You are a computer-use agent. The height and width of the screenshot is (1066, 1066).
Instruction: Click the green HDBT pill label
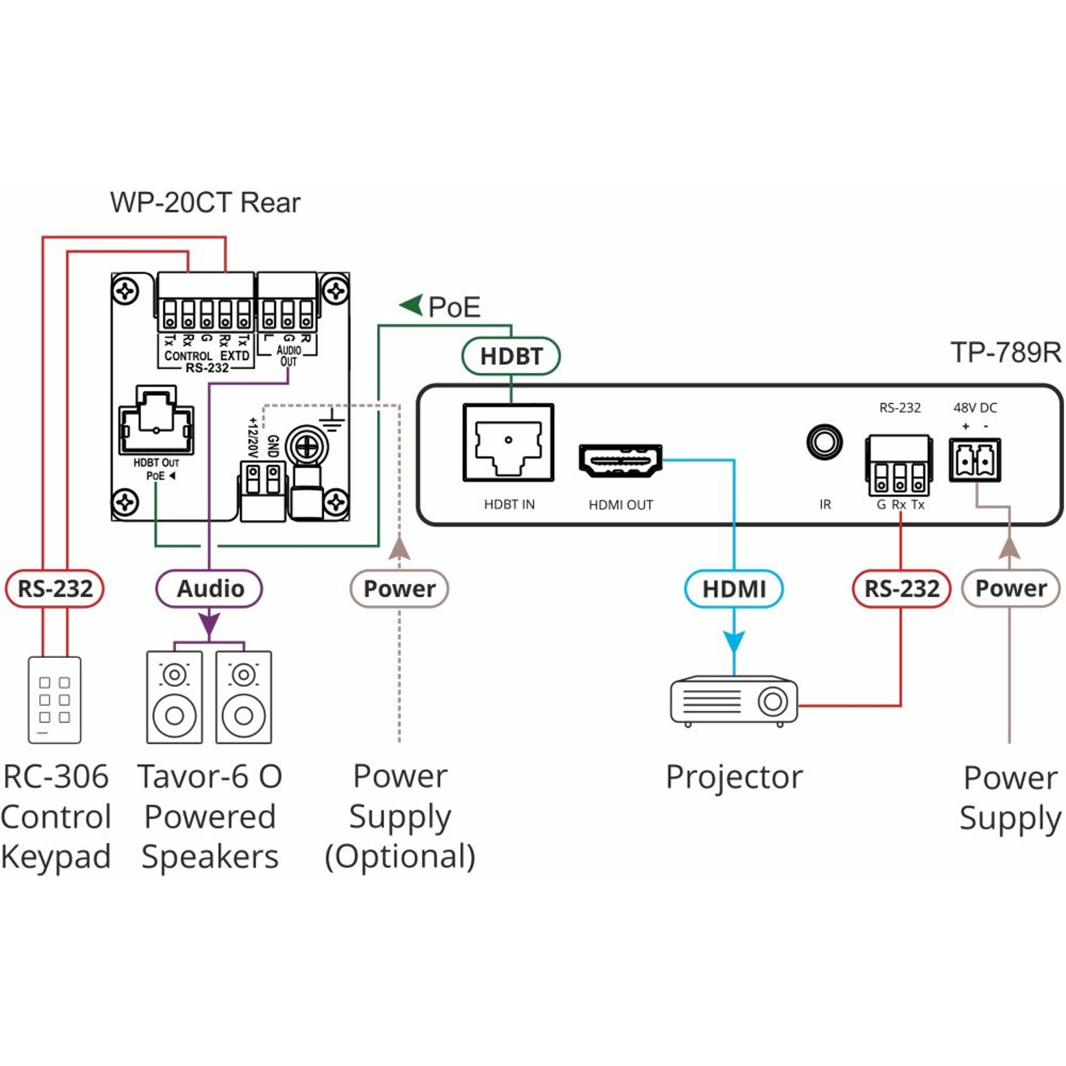[511, 356]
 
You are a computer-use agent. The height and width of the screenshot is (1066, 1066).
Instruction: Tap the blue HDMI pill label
[733, 589]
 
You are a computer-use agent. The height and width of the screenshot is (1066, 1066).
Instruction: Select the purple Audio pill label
[209, 589]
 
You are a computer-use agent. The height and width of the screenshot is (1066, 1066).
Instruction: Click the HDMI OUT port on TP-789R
[620, 461]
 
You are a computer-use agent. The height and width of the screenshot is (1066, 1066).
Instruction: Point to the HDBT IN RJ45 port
[509, 443]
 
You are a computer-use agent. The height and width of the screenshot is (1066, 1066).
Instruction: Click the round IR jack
[824, 442]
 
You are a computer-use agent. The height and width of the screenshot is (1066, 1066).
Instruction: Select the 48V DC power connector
[974, 460]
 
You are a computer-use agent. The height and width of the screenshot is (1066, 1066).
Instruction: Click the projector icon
[733, 701]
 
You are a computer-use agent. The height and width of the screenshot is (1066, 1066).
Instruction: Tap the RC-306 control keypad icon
[54, 700]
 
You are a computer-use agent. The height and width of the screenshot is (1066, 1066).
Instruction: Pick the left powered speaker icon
[174, 697]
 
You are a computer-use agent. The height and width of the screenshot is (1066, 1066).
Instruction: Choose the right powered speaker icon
[244, 697]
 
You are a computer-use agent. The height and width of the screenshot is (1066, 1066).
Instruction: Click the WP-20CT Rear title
[205, 203]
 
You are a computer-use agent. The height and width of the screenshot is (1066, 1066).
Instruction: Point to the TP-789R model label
[1005, 353]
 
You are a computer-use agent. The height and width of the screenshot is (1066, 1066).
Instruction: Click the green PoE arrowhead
[411, 305]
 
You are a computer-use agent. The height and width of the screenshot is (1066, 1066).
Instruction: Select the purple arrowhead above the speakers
[209, 624]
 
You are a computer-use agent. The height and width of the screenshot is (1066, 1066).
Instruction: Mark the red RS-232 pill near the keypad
[54, 589]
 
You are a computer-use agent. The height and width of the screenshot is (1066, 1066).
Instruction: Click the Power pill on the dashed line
[399, 589]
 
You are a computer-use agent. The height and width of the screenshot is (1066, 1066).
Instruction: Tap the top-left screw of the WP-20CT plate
[125, 290]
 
